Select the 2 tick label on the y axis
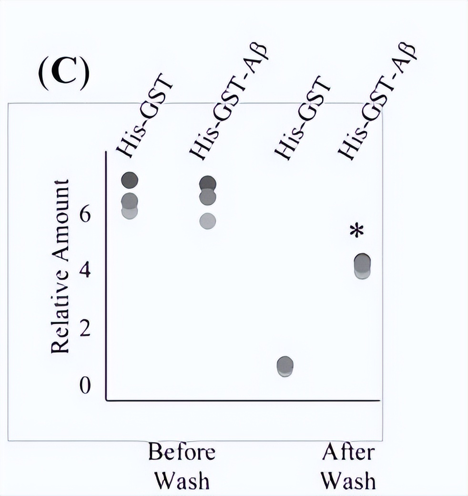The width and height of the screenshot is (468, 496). click(85, 329)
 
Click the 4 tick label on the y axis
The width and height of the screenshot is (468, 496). click(85, 271)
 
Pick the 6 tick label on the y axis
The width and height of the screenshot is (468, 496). click(85, 214)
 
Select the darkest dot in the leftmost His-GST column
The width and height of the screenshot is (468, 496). click(130, 180)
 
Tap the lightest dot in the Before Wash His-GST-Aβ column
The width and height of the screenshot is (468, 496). click(208, 221)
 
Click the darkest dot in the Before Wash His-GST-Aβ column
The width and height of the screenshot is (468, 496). click(208, 183)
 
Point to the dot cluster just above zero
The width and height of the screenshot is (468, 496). click(285, 366)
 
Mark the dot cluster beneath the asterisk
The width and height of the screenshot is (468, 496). click(363, 265)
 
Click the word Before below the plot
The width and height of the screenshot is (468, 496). click(182, 452)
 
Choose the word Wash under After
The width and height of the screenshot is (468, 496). click(348, 481)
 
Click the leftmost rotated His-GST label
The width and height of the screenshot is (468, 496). click(145, 121)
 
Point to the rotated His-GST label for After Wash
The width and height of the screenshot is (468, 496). click(303, 121)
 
